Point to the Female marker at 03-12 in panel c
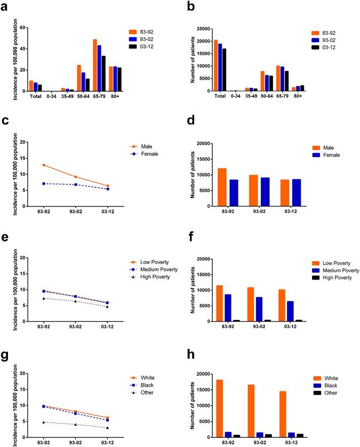[108, 189]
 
